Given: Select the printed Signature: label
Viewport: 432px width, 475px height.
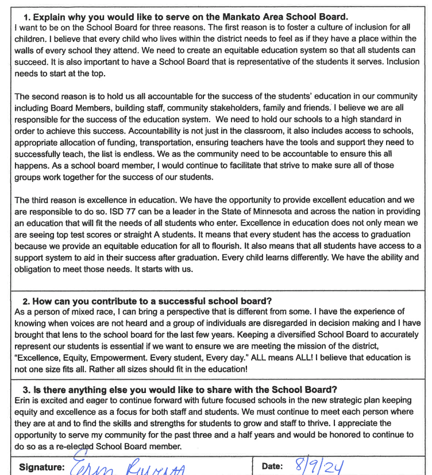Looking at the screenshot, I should point(41,466).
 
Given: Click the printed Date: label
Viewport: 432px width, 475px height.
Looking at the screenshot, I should point(272,466).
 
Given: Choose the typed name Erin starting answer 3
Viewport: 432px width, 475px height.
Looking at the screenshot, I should point(22,400).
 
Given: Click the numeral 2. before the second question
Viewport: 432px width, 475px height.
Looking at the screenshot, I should point(26,301).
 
